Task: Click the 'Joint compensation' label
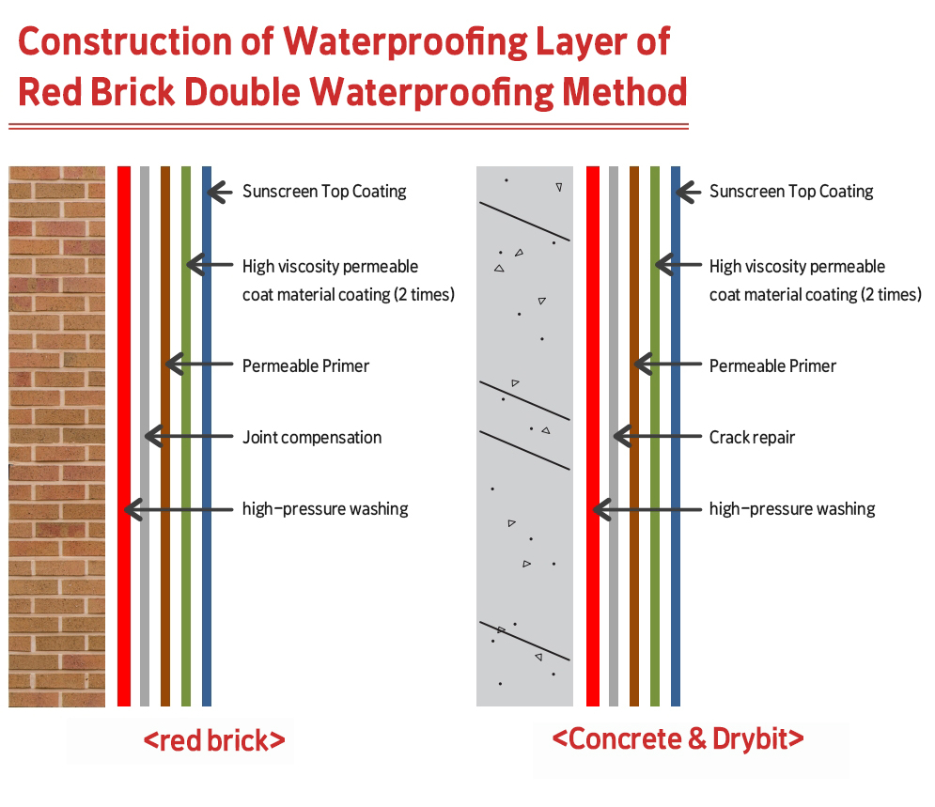312,438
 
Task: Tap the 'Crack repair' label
752,438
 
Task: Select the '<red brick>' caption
214,740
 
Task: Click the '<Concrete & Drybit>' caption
678,739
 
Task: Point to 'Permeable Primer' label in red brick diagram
305,366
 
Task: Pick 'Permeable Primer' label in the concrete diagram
772,366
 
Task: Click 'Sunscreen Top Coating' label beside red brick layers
324,192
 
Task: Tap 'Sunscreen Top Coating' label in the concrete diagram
791,192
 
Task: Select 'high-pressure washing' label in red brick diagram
325,509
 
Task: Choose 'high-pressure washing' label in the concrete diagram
792,509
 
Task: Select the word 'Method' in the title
624,92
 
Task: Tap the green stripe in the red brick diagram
186,436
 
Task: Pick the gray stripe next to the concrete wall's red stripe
614,436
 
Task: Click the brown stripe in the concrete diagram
634,436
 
